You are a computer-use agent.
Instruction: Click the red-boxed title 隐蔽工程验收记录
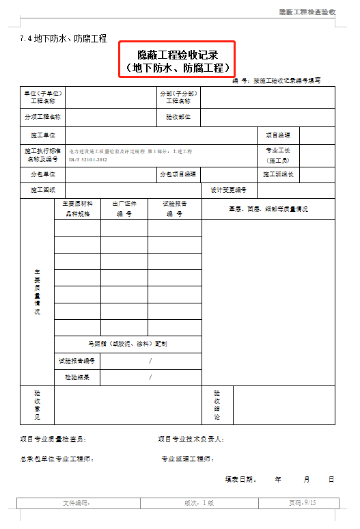click(x=178, y=53)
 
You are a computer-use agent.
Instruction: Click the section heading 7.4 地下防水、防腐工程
click(x=63, y=39)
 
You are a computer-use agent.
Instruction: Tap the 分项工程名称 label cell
click(x=42, y=118)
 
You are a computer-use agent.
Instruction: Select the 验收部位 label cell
click(x=179, y=118)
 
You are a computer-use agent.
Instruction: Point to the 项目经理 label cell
click(x=278, y=135)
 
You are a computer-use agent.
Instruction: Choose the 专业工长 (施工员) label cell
click(x=278, y=154)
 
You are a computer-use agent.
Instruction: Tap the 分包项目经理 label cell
click(x=179, y=174)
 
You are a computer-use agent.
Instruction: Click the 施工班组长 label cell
click(x=278, y=174)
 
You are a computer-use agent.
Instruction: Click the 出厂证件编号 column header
click(x=124, y=208)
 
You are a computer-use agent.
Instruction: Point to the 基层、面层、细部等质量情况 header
click(x=268, y=208)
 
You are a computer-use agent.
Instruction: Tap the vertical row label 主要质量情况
click(x=37, y=292)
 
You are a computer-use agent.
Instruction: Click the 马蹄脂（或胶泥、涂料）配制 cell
click(x=128, y=344)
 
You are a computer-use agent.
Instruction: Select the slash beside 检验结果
click(x=150, y=377)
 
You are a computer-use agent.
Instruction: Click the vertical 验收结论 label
click(x=217, y=405)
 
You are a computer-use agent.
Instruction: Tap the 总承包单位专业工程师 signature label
click(x=57, y=459)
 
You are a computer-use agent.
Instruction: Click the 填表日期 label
click(x=240, y=480)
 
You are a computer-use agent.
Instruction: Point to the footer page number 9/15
click(x=309, y=503)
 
